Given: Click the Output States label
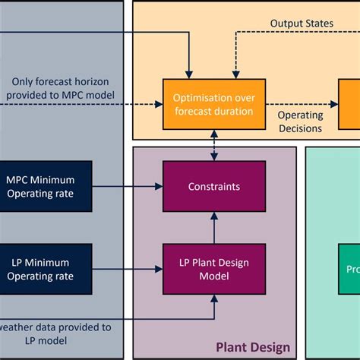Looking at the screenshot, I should pyautogui.click(x=302, y=24).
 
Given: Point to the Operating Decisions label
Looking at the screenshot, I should pyautogui.click(x=300, y=122).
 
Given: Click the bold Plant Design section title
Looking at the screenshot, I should pyautogui.click(x=252, y=347).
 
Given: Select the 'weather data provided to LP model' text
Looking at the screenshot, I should pyautogui.click(x=57, y=333).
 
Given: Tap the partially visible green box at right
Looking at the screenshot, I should pyautogui.click(x=349, y=269).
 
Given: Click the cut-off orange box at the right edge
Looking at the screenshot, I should pyautogui.click(x=350, y=105).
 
